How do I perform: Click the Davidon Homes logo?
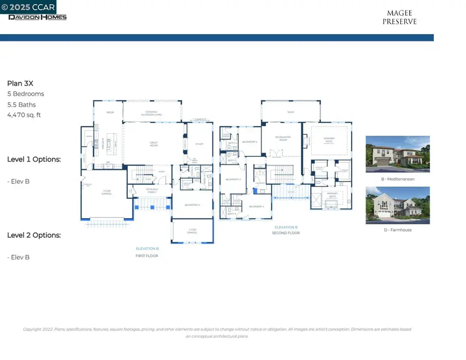37,17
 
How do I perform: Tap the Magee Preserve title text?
399,18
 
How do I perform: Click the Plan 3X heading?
20,83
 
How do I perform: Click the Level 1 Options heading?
34,159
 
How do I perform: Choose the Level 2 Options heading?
34,235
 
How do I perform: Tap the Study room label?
199,143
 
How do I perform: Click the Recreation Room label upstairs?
283,138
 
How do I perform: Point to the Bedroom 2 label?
250,141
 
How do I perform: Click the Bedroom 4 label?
256,206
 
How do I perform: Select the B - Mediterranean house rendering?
397,154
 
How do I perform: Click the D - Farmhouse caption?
397,230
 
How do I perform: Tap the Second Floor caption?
286,233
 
